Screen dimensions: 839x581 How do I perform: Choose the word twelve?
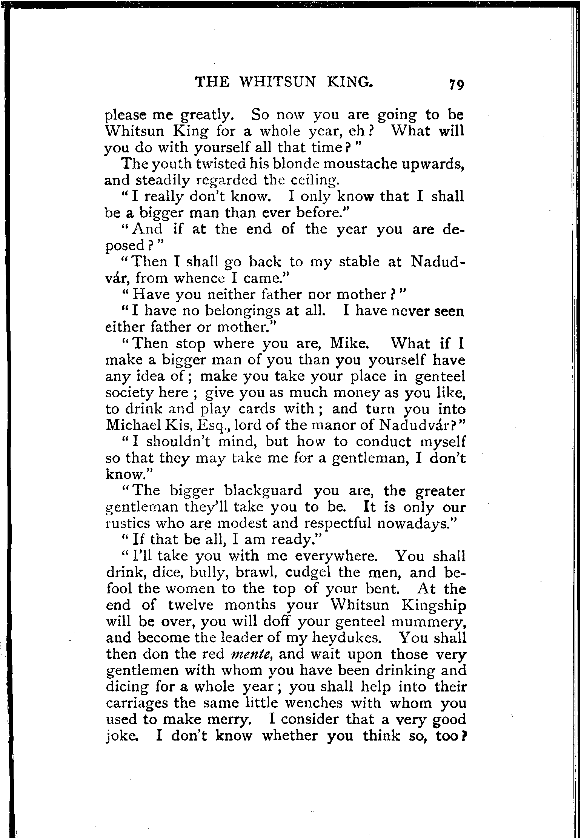pyautogui.click(x=191, y=605)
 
